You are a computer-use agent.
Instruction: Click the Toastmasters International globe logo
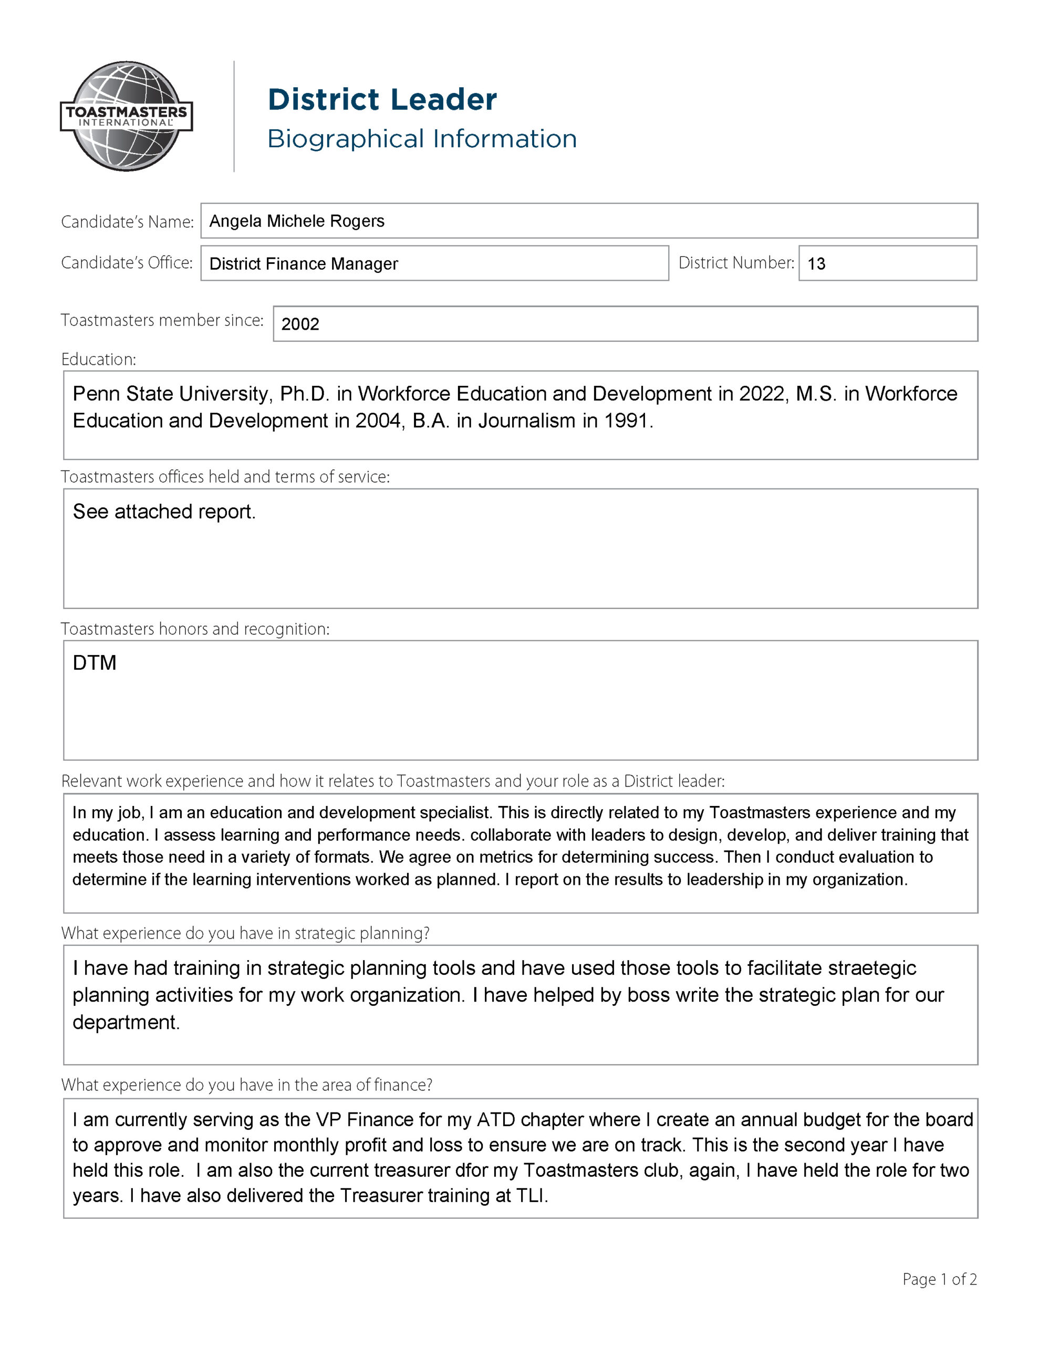click(126, 116)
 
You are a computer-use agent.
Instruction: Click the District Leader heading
click(382, 100)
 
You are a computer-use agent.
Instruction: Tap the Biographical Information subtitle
click(422, 139)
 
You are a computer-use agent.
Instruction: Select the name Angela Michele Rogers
click(296, 221)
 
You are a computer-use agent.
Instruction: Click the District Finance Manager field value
click(304, 264)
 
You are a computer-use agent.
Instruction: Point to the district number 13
click(816, 264)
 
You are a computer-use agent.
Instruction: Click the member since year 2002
click(300, 324)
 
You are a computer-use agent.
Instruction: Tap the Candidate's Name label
click(127, 222)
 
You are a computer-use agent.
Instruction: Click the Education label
click(99, 359)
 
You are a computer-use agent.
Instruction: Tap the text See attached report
click(164, 512)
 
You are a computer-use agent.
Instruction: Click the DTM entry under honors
click(94, 663)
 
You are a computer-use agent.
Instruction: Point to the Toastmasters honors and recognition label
click(195, 629)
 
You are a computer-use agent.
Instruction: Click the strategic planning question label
click(245, 933)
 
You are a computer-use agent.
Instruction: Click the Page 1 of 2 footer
click(939, 1279)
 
